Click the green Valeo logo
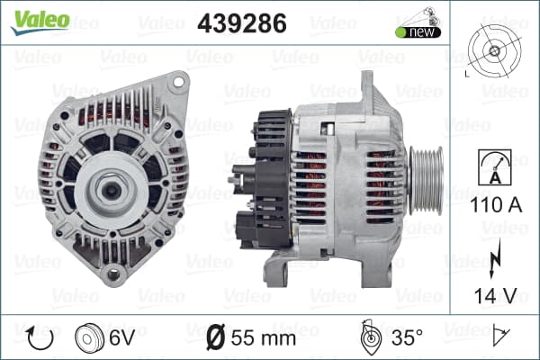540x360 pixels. [x=40, y=22]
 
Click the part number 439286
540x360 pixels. [x=242, y=23]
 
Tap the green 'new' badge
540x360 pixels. [x=418, y=31]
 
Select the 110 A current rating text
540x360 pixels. [x=496, y=204]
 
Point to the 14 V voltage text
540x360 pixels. [x=496, y=295]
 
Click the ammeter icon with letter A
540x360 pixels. [x=495, y=167]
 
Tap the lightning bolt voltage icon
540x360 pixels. [x=495, y=258]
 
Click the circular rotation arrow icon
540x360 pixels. [x=40, y=338]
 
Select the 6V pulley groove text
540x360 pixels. [x=121, y=337]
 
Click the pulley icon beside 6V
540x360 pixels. [x=89, y=338]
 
